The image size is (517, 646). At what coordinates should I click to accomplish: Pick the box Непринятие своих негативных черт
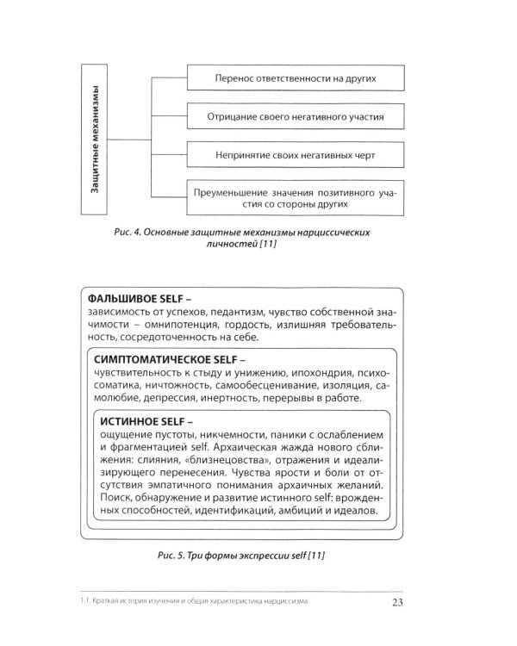295,157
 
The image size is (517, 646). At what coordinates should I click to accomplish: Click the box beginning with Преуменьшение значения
295,199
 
